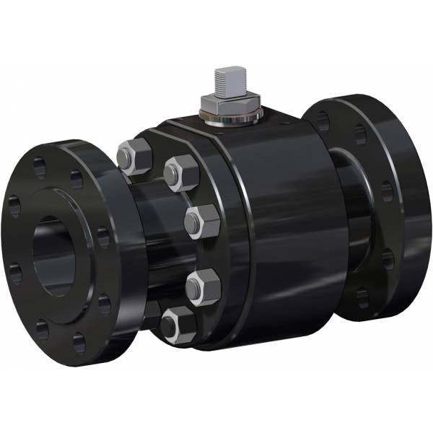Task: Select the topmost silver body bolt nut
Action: (x=134, y=157)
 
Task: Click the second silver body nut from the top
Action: (x=180, y=174)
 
